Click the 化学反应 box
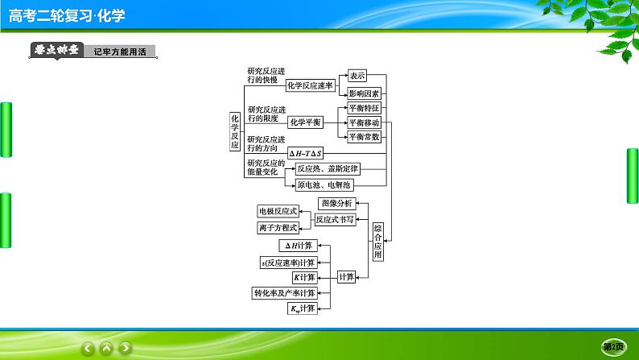point(235,128)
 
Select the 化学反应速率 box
point(310,85)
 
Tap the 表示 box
point(357,76)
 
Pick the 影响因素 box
point(364,93)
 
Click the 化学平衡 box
point(305,122)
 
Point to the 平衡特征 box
point(363,108)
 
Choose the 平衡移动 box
point(363,122)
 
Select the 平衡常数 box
point(363,137)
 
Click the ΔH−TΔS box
point(305,153)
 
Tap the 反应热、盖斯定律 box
point(327,168)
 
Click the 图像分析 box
point(335,203)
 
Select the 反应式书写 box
point(334,219)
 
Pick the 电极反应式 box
point(278,211)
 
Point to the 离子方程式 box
point(278,227)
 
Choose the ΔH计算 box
point(299,246)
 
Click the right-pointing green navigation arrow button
point(126,347)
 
